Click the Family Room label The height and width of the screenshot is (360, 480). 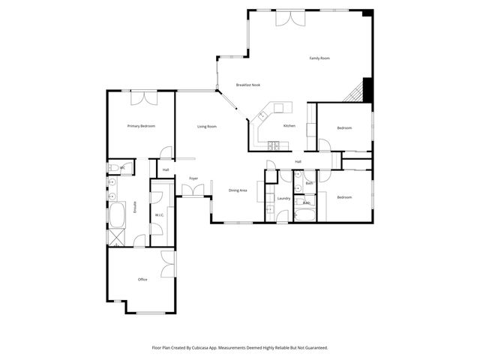pyautogui.click(x=320, y=58)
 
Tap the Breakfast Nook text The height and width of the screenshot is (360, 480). pyautogui.click(x=247, y=85)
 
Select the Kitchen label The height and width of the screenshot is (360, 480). pyautogui.click(x=289, y=126)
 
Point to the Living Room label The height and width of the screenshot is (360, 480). pyautogui.click(x=207, y=127)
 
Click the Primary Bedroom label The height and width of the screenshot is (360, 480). pyautogui.click(x=141, y=126)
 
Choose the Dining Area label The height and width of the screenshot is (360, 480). pyautogui.click(x=238, y=190)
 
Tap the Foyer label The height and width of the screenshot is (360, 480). pyautogui.click(x=193, y=178)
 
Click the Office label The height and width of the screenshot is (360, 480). pyautogui.click(x=142, y=280)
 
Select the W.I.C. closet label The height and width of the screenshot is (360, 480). pyautogui.click(x=159, y=215)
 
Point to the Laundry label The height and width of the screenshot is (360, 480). pyautogui.click(x=283, y=198)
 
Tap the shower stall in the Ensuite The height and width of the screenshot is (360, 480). pyautogui.click(x=116, y=238)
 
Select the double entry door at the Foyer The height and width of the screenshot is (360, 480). pyautogui.click(x=193, y=190)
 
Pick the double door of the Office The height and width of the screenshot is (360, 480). pyautogui.click(x=169, y=263)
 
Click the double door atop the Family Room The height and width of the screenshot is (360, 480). pyautogui.click(x=289, y=18)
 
